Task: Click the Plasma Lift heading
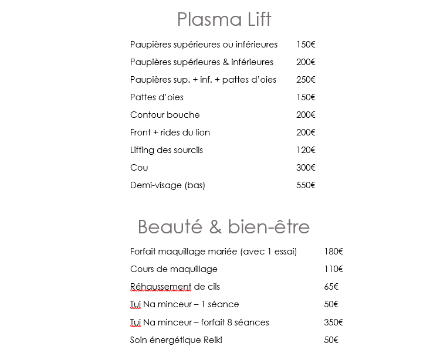pyautogui.click(x=224, y=19)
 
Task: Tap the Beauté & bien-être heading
pyautogui.click(x=223, y=226)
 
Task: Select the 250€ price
pyautogui.click(x=306, y=80)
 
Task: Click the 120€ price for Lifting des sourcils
pyautogui.click(x=306, y=150)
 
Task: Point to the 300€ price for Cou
pyautogui.click(x=306, y=168)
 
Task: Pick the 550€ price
pyautogui.click(x=306, y=185)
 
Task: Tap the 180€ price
pyautogui.click(x=333, y=252)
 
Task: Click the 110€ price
pyautogui.click(x=333, y=269)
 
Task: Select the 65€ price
pyautogui.click(x=331, y=287)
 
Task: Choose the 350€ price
pyautogui.click(x=333, y=322)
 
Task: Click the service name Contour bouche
pyautogui.click(x=165, y=115)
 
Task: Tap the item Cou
pyautogui.click(x=139, y=168)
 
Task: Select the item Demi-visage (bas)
pyautogui.click(x=168, y=185)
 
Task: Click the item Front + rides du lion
pyautogui.click(x=170, y=133)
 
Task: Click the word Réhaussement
pyautogui.click(x=160, y=287)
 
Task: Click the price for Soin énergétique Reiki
pyautogui.click(x=331, y=340)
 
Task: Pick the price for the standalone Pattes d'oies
pyautogui.click(x=306, y=97)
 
